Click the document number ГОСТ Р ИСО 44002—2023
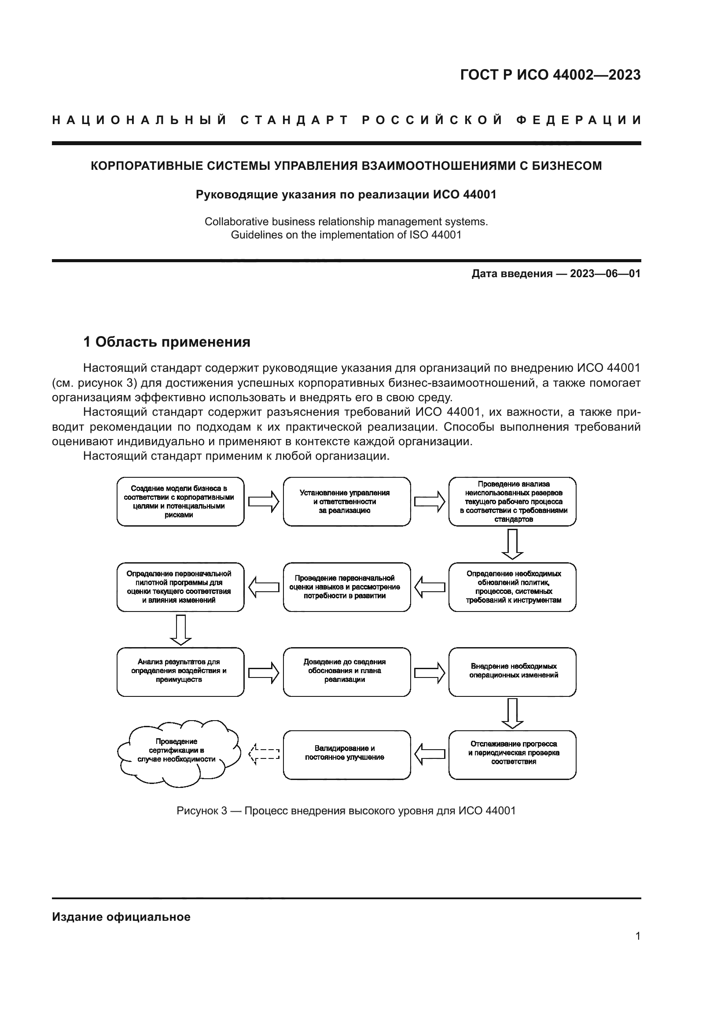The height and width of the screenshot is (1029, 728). point(550,75)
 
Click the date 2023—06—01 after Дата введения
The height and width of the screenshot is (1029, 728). point(605,273)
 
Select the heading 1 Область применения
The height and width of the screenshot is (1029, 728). point(167,342)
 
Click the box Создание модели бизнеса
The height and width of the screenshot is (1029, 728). point(180,502)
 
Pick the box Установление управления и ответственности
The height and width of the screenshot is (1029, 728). point(346,502)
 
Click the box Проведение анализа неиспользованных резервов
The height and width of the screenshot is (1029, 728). point(512,502)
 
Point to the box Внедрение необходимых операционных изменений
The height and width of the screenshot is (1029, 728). point(512,671)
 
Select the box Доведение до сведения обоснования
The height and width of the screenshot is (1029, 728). point(346,671)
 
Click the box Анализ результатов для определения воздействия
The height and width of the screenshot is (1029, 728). point(180,671)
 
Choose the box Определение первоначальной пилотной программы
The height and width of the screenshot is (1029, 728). point(180,587)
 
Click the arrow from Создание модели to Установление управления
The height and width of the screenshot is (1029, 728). point(264,502)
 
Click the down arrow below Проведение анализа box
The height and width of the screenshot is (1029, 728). point(512,544)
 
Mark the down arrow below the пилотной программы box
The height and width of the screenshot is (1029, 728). point(180,629)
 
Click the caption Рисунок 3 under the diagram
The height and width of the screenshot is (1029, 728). point(346,811)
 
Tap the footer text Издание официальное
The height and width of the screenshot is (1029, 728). point(121,917)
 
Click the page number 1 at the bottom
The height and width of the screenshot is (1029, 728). point(637,936)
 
